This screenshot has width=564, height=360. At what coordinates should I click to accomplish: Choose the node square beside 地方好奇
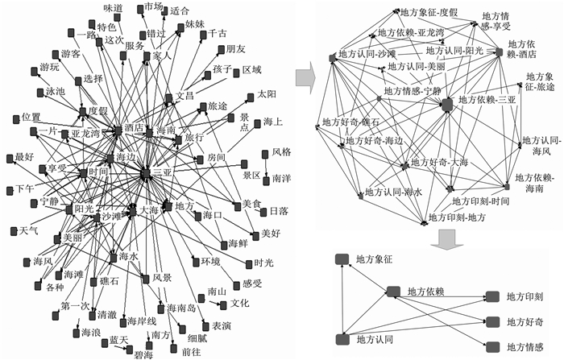pos(491,321)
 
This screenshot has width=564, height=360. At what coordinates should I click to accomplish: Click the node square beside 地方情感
pos(491,346)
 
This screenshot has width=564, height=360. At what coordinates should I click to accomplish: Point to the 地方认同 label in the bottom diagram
pos(376,339)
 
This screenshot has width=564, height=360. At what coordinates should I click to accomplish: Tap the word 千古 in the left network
pos(218,34)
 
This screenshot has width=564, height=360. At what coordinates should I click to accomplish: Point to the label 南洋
pos(282,176)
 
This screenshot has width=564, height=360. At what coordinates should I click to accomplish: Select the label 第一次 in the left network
pos(75,307)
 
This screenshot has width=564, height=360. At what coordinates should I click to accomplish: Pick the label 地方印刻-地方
pos(457,217)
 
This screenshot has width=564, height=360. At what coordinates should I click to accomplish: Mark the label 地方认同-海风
pos(540,147)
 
